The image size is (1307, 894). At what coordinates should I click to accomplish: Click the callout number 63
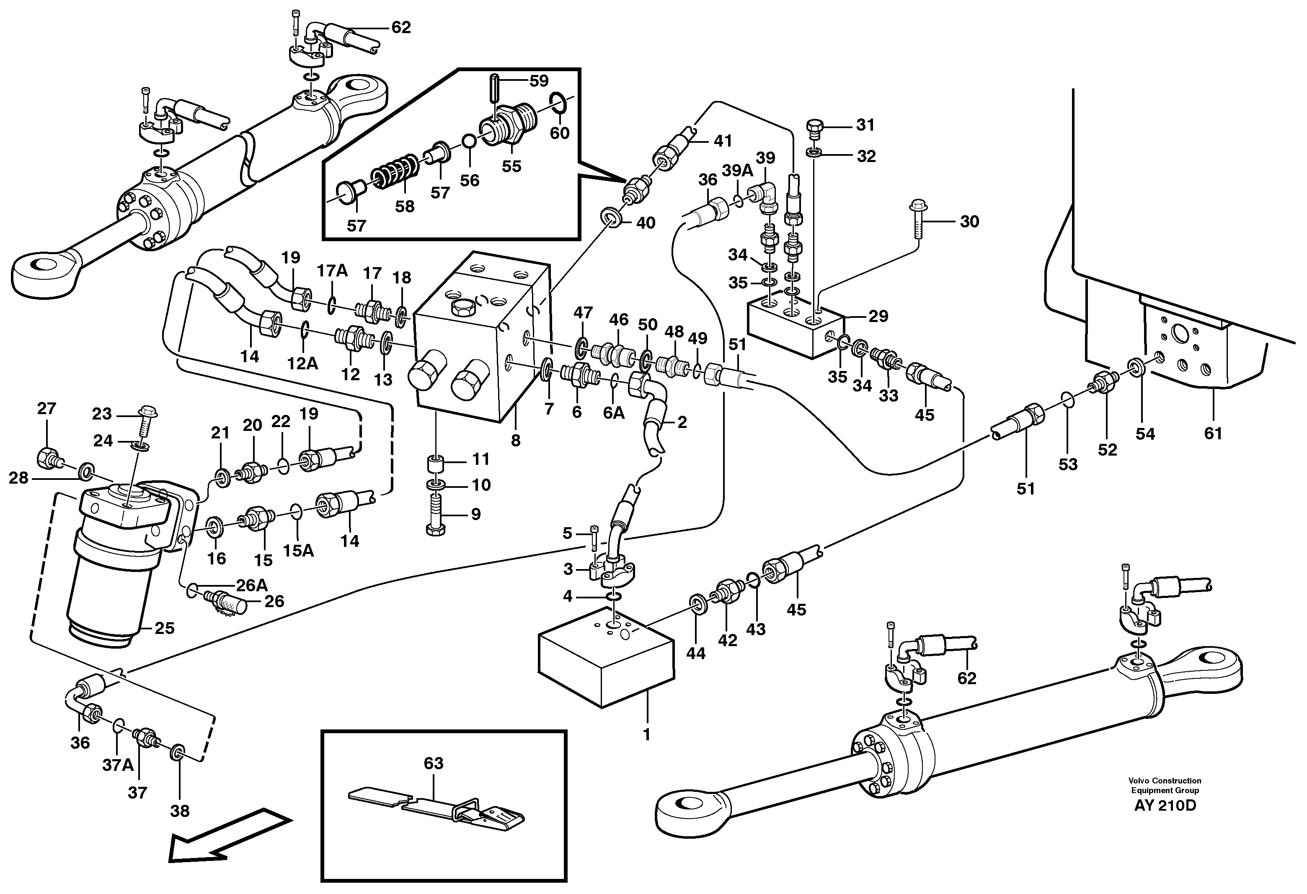(433, 763)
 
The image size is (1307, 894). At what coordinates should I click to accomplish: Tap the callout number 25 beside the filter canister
(164, 628)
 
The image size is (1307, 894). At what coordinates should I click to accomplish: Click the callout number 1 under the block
(647, 734)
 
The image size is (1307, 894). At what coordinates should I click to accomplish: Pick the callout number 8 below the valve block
(516, 441)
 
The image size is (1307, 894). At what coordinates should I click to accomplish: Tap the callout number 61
(1213, 433)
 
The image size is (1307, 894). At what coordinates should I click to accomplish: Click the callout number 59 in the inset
(539, 81)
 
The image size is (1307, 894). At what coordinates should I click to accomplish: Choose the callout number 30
(969, 222)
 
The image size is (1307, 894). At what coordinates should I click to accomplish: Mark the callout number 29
(878, 316)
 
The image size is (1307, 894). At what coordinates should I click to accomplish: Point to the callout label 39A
(737, 171)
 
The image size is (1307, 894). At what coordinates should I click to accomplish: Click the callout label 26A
(251, 585)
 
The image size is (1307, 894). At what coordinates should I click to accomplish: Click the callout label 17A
(332, 271)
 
